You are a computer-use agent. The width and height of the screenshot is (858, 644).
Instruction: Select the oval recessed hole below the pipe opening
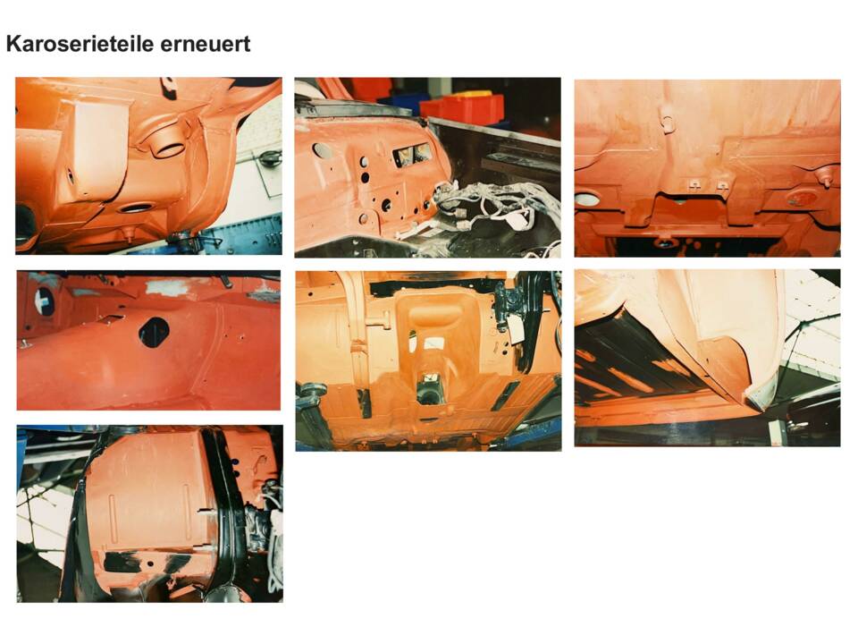136,208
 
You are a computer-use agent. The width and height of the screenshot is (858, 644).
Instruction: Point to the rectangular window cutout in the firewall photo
410,154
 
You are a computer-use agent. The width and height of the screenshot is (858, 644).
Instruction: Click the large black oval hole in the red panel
154,332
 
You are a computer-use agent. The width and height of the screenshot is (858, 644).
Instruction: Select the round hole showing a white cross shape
43,301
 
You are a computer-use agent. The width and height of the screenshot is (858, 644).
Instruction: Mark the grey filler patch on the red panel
167,287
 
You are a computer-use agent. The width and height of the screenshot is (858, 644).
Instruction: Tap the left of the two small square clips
694,184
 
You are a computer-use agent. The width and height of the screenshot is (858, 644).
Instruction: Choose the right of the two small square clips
722,185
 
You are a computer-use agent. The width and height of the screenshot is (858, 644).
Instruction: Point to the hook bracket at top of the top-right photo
668,123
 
